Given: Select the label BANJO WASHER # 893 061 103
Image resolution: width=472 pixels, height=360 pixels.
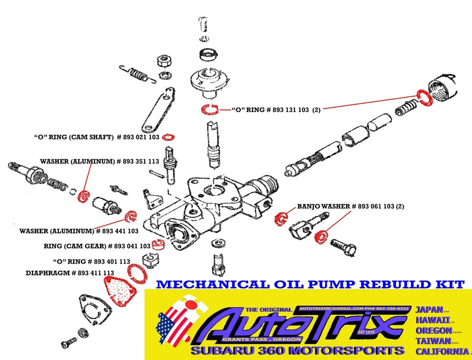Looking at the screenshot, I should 351,206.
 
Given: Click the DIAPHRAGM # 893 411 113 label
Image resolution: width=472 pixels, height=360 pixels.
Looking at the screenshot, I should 70,272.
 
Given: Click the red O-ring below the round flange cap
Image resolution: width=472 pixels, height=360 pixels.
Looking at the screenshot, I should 209,110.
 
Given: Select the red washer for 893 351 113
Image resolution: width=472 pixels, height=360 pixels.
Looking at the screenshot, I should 83,196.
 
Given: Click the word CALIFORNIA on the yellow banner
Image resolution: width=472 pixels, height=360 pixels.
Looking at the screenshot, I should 442,351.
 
